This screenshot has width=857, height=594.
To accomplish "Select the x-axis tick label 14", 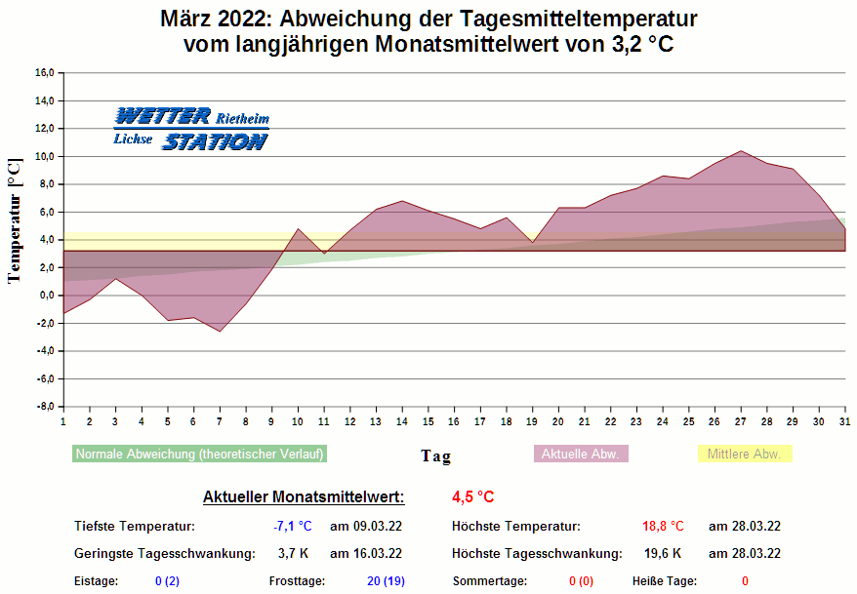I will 402,421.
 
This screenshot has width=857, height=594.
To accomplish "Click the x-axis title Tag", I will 435,455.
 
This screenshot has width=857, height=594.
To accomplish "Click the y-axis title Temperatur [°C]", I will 14,220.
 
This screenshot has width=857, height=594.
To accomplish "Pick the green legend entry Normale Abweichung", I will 199,454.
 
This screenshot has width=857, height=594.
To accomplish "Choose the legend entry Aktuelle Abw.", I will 582,454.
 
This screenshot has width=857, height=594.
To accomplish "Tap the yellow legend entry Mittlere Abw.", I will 744,454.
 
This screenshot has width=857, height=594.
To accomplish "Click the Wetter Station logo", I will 190,129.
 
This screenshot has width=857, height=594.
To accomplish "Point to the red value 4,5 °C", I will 472,497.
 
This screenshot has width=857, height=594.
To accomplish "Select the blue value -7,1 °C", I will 293,527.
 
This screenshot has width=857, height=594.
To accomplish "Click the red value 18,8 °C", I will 663,527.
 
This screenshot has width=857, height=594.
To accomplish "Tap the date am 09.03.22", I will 366,527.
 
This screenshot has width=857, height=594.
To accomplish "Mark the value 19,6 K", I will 663,554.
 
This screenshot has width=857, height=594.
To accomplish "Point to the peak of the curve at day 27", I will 741,151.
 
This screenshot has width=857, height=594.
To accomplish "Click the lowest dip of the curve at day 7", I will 220,332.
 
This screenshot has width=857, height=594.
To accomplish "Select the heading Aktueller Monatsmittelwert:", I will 304,497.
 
